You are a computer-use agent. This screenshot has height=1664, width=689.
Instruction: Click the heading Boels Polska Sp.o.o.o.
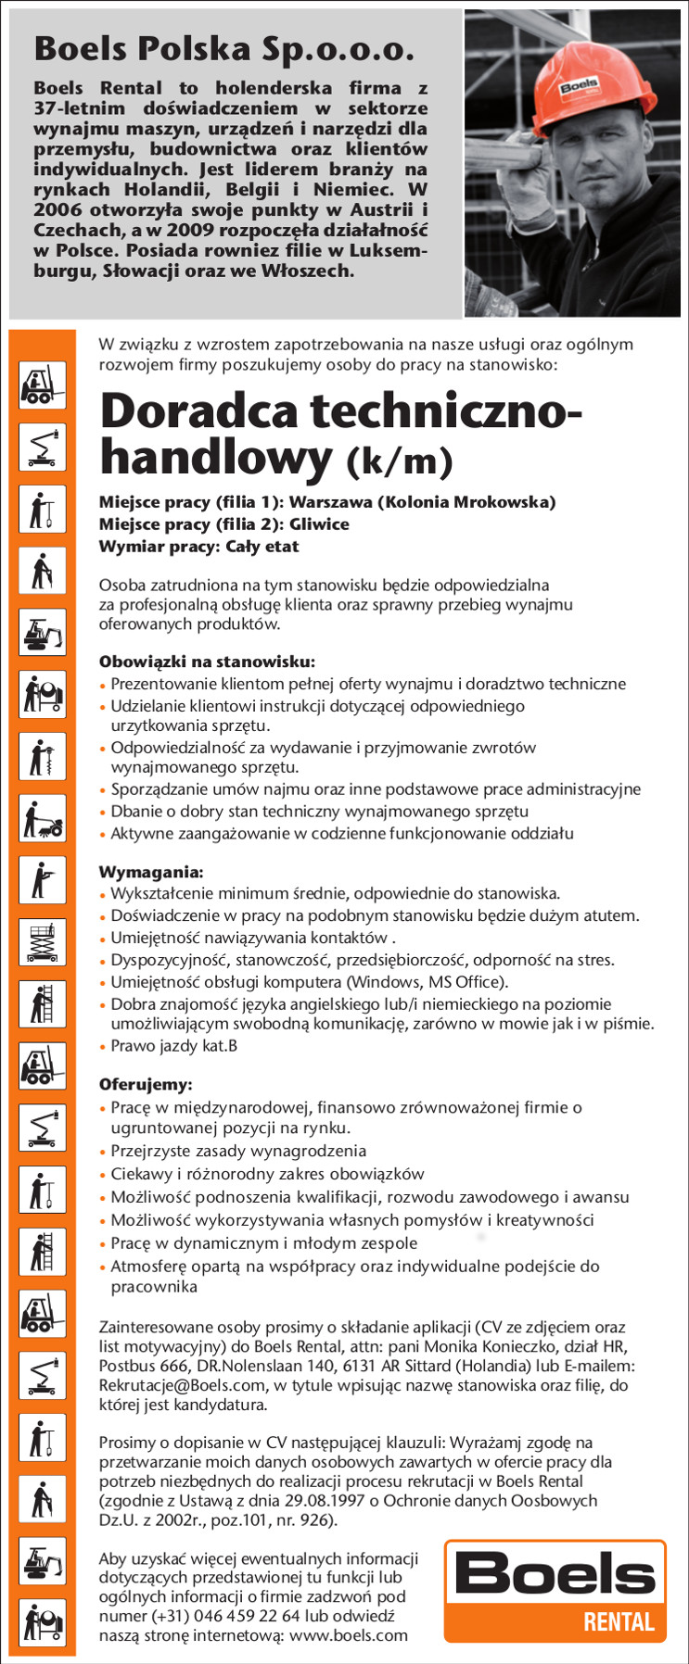click(x=223, y=49)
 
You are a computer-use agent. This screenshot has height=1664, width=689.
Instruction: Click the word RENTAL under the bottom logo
click(x=619, y=1621)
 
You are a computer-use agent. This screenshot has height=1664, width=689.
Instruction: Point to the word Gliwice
click(x=318, y=524)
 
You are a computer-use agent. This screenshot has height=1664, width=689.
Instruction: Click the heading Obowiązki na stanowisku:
click(x=207, y=662)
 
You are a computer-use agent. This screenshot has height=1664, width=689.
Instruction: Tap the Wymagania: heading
click(x=151, y=872)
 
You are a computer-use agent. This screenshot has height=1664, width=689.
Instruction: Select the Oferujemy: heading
click(x=146, y=1084)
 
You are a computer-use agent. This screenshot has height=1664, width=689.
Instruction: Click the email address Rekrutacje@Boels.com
click(x=182, y=1385)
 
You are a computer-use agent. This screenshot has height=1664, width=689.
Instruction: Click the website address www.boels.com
click(x=349, y=1635)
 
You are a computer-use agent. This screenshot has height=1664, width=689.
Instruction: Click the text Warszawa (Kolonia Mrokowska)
click(x=422, y=502)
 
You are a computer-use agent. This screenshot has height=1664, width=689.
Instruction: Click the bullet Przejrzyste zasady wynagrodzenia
click(x=238, y=1151)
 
